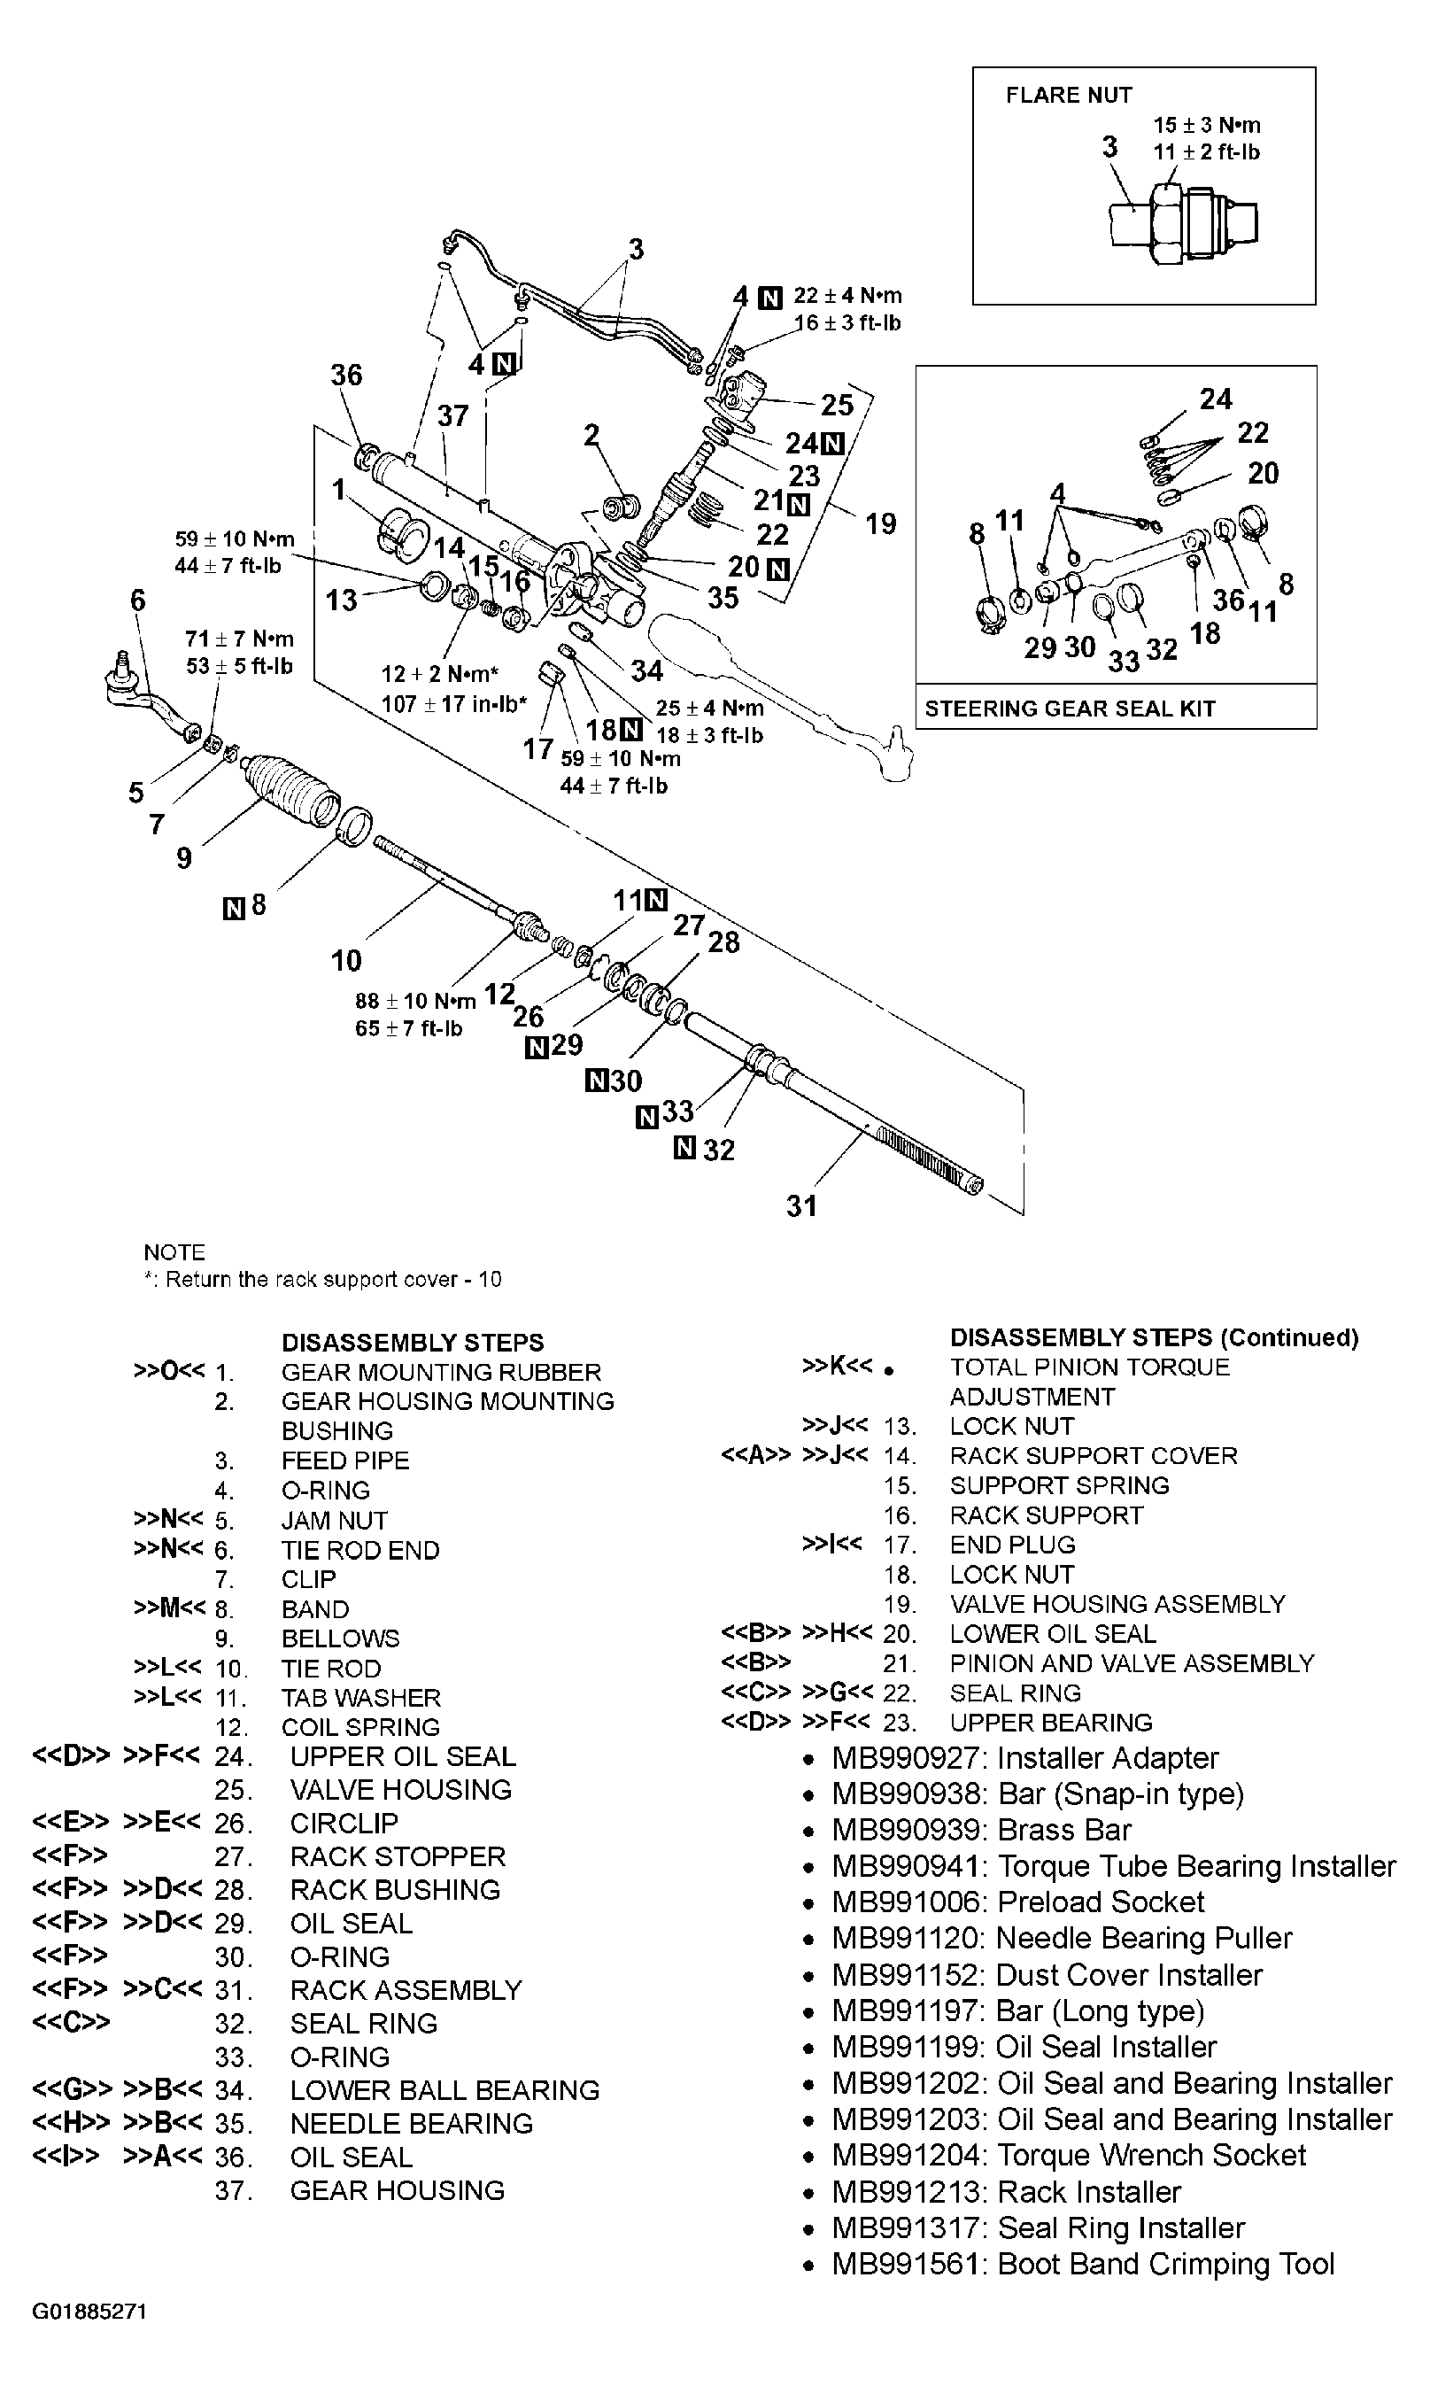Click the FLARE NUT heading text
pyautogui.click(x=1068, y=95)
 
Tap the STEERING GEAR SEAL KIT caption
pyautogui.click(x=1070, y=709)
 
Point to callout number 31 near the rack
pyautogui.click(x=801, y=1205)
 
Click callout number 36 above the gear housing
pyautogui.click(x=346, y=375)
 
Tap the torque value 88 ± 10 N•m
pyautogui.click(x=415, y=1001)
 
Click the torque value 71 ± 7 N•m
pyautogui.click(x=239, y=639)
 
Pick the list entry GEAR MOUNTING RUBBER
pyautogui.click(x=440, y=1371)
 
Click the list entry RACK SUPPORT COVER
pyautogui.click(x=1093, y=1455)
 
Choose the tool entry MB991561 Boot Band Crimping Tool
pyautogui.click(x=1082, y=2264)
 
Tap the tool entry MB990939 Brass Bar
pyautogui.click(x=981, y=1830)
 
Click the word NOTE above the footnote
pyautogui.click(x=174, y=1251)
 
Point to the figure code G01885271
pyautogui.click(x=89, y=2311)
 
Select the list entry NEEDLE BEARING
pyautogui.click(x=411, y=2123)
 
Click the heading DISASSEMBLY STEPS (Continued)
pyautogui.click(x=1154, y=1336)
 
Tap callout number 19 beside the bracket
pyautogui.click(x=880, y=523)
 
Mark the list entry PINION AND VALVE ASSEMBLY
pyautogui.click(x=1132, y=1663)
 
